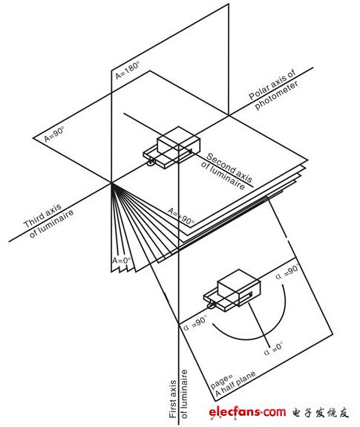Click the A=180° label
coord(127,70)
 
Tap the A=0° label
coord(121,260)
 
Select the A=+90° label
coord(181,217)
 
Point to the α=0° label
coord(273,348)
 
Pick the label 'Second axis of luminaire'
coord(226,171)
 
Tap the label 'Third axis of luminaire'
coord(49,220)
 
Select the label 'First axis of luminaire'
coord(178,394)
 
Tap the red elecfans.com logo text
coord(247,411)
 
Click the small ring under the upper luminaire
coord(151,163)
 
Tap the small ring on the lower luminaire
coord(211,305)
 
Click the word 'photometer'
coord(276,96)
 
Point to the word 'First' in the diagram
coord(173,399)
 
